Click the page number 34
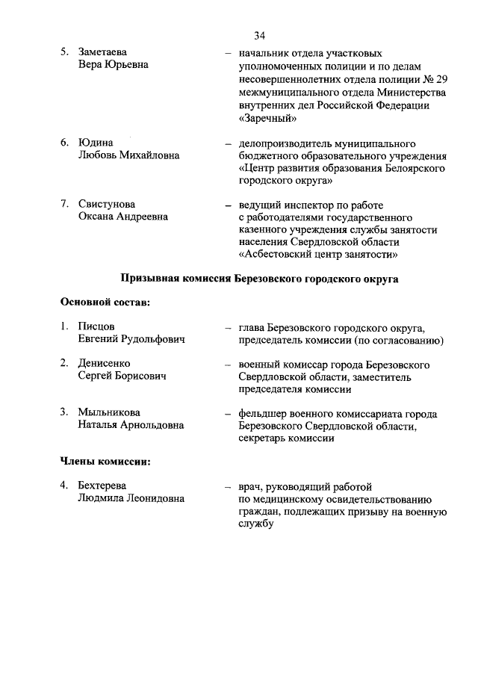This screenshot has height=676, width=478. [260, 35]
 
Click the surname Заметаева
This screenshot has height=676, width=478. [102, 52]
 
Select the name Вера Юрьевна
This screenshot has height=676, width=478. [114, 65]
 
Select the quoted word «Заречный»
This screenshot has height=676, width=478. [268, 117]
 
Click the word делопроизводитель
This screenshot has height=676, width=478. [290, 143]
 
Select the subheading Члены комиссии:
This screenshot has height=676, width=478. [105, 461]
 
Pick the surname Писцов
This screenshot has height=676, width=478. [96, 327]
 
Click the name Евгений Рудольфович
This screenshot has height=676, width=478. [131, 340]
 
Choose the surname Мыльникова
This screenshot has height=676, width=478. [109, 412]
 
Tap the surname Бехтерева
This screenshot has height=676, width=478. [102, 486]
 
